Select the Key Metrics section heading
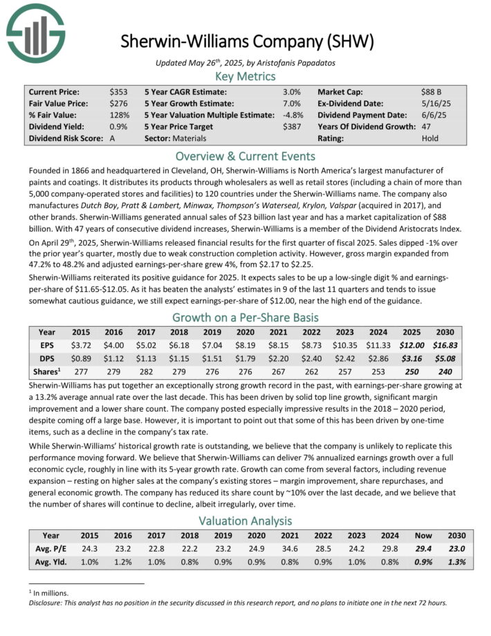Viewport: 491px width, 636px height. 246,75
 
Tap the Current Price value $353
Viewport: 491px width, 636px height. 118,91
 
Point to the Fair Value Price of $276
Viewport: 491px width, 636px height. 118,103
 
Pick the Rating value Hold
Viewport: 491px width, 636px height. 429,138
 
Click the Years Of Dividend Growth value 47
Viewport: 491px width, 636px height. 425,126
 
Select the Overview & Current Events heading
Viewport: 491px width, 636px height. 246,156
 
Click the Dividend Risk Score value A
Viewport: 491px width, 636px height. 113,138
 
